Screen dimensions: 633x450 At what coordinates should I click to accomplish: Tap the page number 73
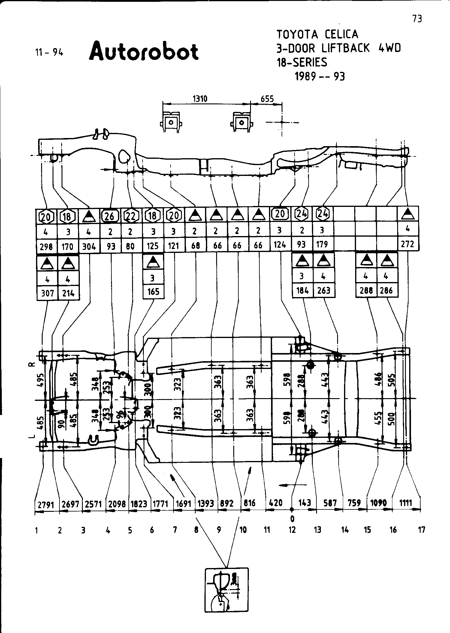coord(417,19)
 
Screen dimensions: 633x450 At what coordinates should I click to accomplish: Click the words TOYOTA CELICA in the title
coord(317,34)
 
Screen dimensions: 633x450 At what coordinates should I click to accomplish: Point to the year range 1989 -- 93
coord(320,77)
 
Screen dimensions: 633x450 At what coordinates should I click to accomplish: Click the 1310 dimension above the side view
coord(200,99)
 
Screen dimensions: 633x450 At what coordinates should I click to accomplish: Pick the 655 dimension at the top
coord(267,99)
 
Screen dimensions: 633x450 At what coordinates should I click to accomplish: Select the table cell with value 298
coord(46,247)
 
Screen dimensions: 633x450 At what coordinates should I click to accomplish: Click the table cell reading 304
coord(89,247)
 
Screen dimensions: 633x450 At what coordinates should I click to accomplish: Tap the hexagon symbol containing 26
coord(110,216)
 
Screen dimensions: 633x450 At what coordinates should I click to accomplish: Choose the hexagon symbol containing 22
coord(131,216)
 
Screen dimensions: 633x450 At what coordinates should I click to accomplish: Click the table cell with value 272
coord(408,244)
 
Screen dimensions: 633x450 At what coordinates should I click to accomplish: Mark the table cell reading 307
coord(47,293)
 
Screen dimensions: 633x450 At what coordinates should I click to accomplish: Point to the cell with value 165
coord(153,291)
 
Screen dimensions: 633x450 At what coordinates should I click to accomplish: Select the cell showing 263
coord(324,290)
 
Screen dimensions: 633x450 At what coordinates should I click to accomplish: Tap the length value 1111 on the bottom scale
coord(406,502)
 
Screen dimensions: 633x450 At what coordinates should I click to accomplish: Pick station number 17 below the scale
coord(421,530)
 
